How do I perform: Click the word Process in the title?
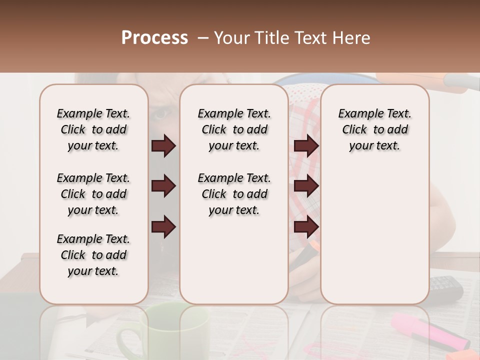tap(154, 38)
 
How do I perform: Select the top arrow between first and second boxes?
tap(163, 146)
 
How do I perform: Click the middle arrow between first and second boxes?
tap(163, 186)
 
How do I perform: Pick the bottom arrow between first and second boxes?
tap(163, 227)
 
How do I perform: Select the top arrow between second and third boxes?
tap(306, 146)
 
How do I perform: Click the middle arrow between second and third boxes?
tap(306, 186)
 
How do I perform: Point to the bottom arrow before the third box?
tap(306, 227)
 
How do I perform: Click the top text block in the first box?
tap(93, 129)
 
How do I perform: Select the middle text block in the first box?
tap(93, 194)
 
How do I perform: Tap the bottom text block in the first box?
tap(93, 255)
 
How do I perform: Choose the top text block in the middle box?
tap(234, 129)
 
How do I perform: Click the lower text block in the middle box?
tap(234, 194)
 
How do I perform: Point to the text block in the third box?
tap(374, 129)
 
